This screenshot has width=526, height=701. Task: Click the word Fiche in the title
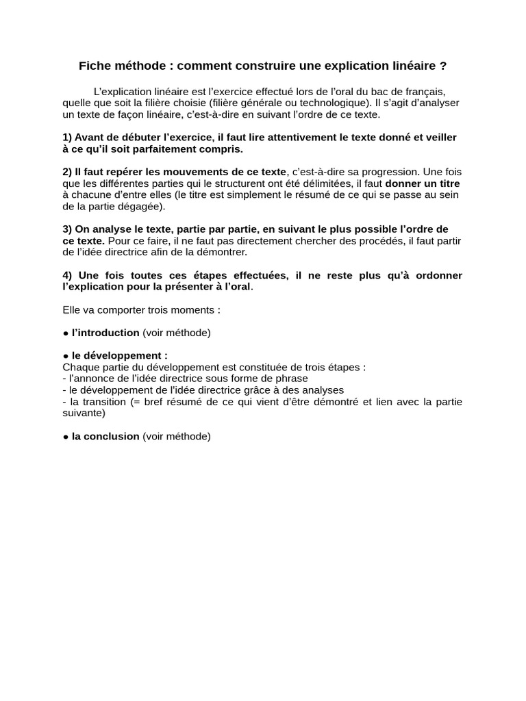tap(94, 66)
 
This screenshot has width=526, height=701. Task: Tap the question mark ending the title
tap(443, 66)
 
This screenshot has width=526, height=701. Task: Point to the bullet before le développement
tap(65, 356)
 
